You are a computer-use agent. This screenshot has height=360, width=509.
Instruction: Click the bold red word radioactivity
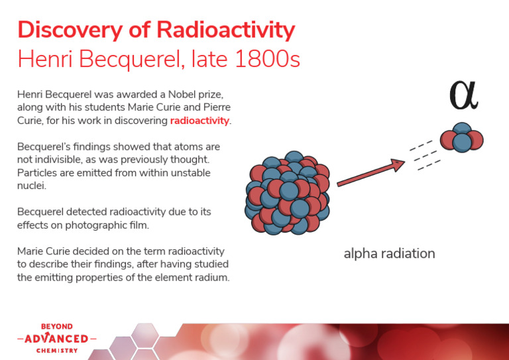click(x=199, y=121)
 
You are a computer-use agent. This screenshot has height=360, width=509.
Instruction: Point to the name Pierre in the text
click(x=214, y=108)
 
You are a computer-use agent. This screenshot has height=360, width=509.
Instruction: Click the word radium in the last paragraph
click(x=212, y=277)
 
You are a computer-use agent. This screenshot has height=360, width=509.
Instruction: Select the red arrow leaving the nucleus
click(x=371, y=174)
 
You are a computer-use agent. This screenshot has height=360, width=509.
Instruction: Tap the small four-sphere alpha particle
click(x=461, y=137)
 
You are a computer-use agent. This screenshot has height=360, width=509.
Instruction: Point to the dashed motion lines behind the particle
click(x=424, y=154)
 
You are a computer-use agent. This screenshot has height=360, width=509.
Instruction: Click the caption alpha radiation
click(x=389, y=253)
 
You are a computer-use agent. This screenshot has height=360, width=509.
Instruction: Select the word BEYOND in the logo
click(x=57, y=327)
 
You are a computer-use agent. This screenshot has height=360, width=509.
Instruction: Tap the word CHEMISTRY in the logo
click(x=57, y=350)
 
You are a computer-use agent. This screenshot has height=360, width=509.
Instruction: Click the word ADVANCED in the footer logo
click(x=57, y=339)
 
